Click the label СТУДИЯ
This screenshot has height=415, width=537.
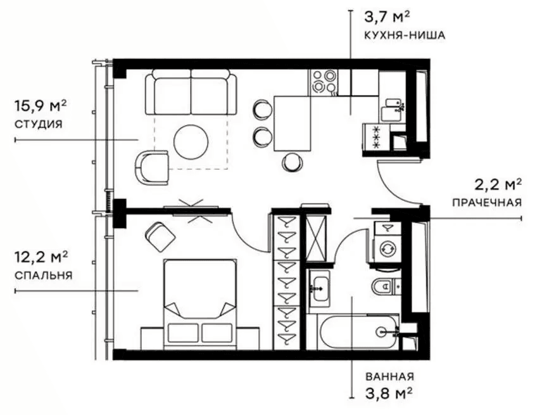pyautogui.click(x=38, y=124)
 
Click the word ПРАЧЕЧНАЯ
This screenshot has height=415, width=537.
pyautogui.click(x=487, y=203)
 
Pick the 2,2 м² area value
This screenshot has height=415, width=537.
pyautogui.click(x=498, y=184)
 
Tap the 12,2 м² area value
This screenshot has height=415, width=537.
pyautogui.click(x=41, y=257)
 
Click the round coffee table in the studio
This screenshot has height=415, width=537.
pyautogui.click(x=191, y=141)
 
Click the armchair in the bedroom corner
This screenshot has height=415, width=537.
pyautogui.click(x=160, y=236)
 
